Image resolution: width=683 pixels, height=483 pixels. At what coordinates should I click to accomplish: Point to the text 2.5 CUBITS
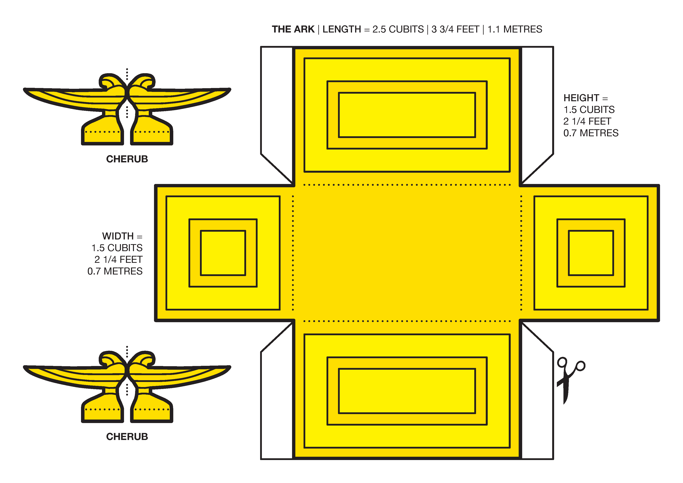point(398,29)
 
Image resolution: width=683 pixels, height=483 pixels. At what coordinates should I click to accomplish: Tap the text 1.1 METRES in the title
point(515,29)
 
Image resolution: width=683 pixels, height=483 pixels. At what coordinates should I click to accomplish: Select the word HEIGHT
point(581,98)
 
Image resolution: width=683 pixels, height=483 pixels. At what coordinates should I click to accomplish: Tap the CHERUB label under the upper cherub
point(127,159)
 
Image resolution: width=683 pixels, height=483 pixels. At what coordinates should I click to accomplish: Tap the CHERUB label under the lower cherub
point(127,437)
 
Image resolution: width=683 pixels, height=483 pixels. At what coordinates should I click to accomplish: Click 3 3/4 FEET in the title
point(455,29)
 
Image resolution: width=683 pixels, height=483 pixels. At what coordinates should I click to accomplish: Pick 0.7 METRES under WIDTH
point(115,271)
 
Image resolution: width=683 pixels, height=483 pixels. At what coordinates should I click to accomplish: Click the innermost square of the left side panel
point(223,253)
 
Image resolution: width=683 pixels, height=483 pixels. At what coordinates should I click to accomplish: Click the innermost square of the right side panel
point(591,253)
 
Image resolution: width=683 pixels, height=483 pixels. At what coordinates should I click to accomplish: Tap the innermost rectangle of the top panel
point(407,115)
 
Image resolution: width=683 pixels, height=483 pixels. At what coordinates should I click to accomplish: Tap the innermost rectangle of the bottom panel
point(407,391)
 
